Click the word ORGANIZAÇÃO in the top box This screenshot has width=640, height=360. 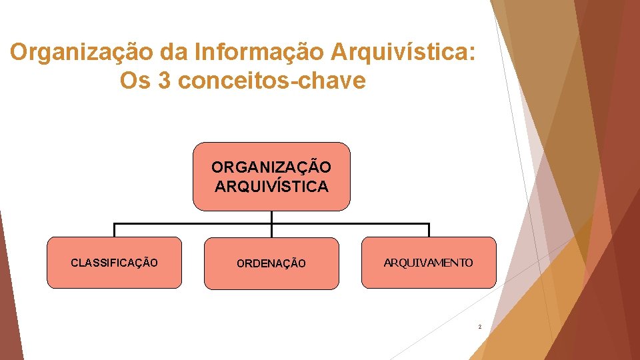click(x=271, y=166)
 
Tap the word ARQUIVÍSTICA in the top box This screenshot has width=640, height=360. click(x=271, y=186)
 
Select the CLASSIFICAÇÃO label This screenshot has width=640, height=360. click(x=114, y=263)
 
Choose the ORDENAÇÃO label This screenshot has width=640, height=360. click(x=271, y=264)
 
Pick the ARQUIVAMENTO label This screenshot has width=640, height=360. click(x=428, y=263)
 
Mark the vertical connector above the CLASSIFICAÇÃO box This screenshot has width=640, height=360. click(x=114, y=230)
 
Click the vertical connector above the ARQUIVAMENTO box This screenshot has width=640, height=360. click(x=429, y=230)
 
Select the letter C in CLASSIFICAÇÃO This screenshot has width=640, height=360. click(x=74, y=263)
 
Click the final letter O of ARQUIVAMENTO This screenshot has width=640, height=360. click(x=469, y=263)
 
